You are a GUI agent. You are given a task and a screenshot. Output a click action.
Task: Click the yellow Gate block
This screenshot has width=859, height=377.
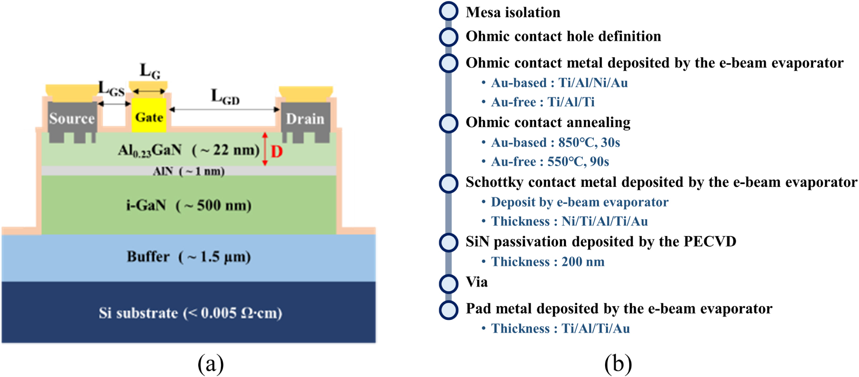(149, 116)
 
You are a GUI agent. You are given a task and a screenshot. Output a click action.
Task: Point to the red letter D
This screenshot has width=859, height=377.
(277, 152)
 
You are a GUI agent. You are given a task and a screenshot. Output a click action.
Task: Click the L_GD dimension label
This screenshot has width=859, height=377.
(225, 97)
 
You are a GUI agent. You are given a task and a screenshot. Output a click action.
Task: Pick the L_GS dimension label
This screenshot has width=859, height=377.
(111, 89)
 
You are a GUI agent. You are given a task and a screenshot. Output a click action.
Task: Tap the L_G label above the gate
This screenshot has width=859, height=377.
(150, 71)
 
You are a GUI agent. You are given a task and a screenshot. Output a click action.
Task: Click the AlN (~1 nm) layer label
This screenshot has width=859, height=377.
(189, 171)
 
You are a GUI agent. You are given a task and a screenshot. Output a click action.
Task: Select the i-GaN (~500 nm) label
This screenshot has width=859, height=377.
(189, 206)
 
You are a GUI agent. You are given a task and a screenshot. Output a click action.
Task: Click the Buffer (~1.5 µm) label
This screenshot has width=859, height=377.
(189, 257)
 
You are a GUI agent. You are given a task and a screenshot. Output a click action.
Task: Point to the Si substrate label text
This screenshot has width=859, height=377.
(190, 313)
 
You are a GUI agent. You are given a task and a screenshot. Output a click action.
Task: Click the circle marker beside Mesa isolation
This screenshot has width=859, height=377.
(448, 11)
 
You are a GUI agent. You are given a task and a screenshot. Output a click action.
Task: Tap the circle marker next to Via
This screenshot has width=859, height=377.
(448, 283)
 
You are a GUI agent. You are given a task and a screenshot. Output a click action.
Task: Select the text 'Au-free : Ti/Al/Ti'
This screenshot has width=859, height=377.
(542, 102)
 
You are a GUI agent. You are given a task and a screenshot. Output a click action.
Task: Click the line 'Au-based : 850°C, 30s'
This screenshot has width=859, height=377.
(556, 142)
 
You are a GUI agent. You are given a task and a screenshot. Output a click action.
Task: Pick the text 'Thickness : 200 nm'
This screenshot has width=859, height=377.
(547, 262)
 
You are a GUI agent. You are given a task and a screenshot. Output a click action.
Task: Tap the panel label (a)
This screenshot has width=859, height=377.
(211, 364)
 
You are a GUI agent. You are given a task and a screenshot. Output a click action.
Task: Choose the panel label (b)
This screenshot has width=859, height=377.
(618, 364)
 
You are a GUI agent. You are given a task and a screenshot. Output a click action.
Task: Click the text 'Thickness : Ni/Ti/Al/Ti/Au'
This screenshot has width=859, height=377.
(569, 221)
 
